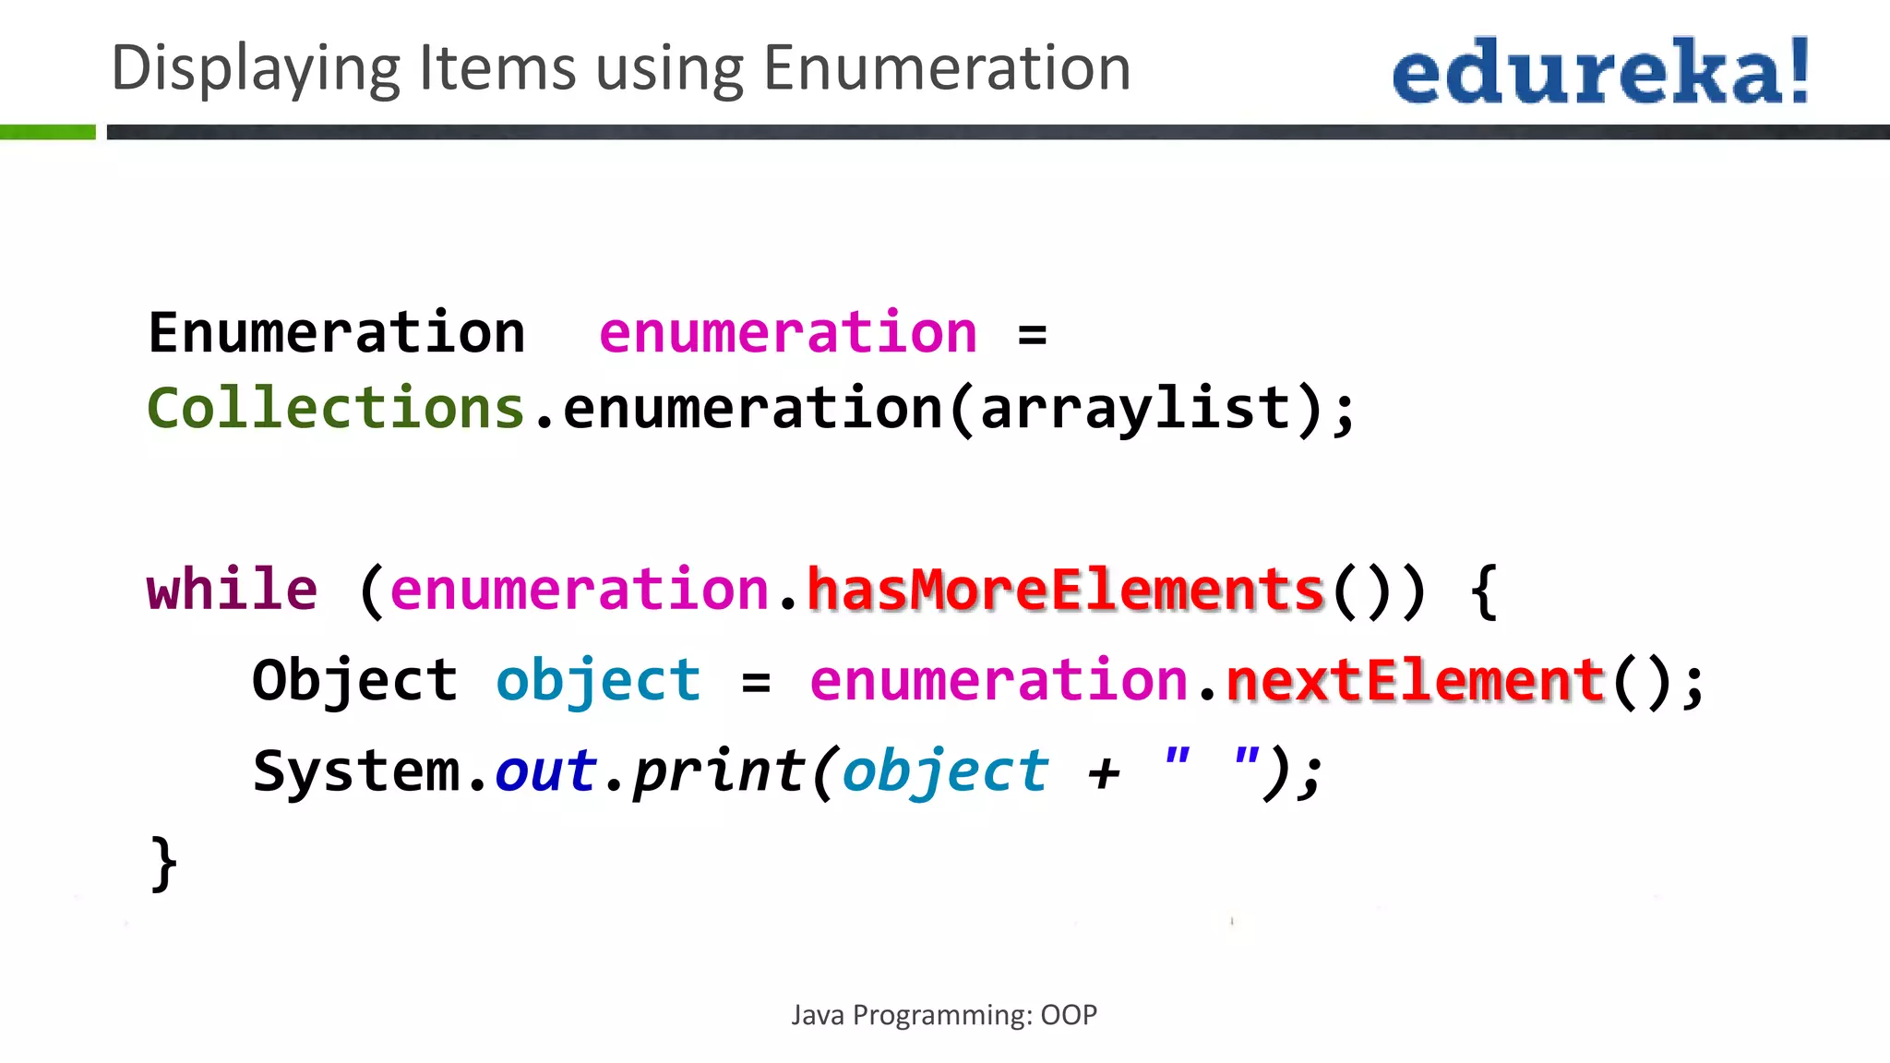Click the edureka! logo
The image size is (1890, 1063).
1600,71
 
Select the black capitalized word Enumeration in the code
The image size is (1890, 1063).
336,333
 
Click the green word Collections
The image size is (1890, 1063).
336,408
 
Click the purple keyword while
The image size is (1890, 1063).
232,590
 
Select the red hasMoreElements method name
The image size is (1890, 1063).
1066,590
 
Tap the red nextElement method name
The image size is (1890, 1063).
1416,681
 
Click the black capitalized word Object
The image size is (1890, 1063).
354,681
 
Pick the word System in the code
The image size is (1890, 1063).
356,771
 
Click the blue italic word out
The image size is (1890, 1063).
545,771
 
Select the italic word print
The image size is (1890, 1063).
719,771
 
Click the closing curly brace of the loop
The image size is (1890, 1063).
163,864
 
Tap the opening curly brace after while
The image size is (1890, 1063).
1484,591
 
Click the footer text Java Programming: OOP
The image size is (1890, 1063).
944,1015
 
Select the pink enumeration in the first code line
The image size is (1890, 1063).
787,333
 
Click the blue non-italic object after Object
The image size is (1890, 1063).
598,681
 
